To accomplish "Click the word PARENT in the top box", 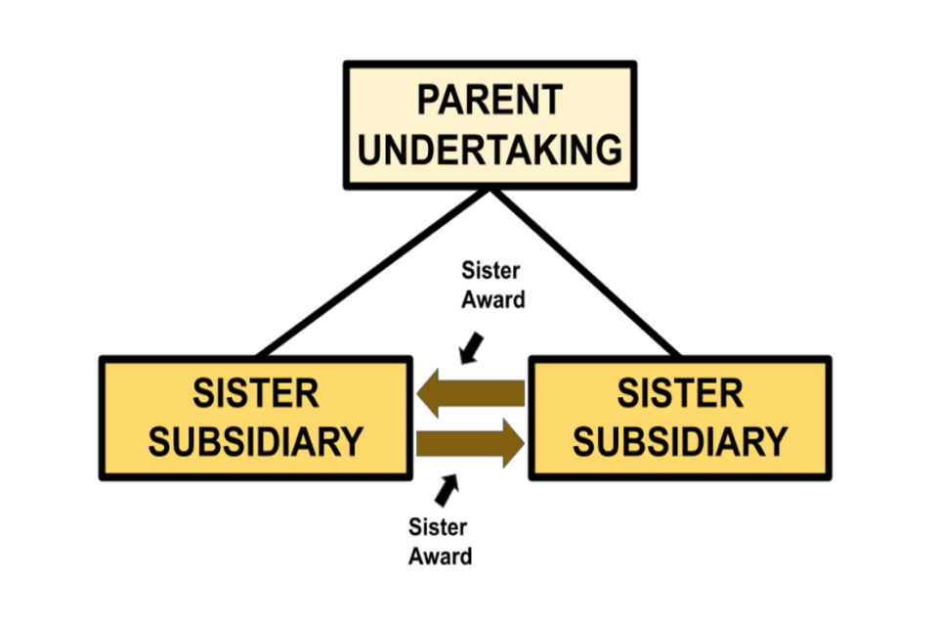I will [x=490, y=100].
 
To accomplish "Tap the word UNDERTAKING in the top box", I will [x=490, y=150].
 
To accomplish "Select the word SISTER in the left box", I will [x=255, y=393].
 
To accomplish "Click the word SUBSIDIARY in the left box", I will [x=255, y=442].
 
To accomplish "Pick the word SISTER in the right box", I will [x=680, y=393].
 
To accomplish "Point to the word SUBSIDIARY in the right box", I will [x=680, y=442].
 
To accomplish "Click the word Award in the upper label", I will [x=492, y=299].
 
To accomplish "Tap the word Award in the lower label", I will [x=440, y=556].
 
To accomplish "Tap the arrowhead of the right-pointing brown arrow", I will [x=509, y=442].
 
